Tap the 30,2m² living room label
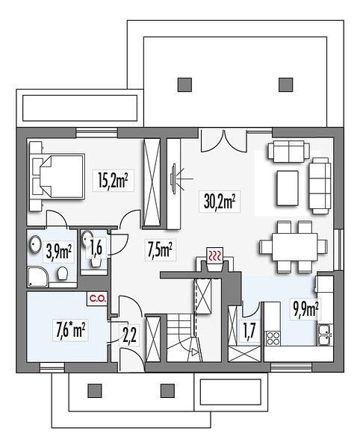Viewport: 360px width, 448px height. pyautogui.click(x=220, y=201)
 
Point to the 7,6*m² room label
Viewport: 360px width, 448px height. pyautogui.click(x=70, y=329)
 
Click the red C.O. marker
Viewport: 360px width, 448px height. pyautogui.click(x=98, y=299)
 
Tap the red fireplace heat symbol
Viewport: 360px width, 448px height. pyautogui.click(x=214, y=255)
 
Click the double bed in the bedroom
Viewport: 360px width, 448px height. pyautogui.click(x=58, y=176)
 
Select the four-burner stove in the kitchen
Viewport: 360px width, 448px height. pyautogui.click(x=273, y=338)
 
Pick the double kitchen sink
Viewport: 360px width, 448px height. pyautogui.click(x=325, y=335)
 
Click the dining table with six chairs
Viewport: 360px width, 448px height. pyautogui.click(x=294, y=247)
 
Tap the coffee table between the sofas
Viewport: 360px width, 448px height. pyautogui.click(x=288, y=187)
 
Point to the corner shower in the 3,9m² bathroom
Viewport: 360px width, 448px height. pyautogui.click(x=37, y=277)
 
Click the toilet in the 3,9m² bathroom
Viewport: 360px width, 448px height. pyautogui.click(x=62, y=273)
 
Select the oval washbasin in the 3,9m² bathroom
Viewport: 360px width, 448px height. pyautogui.click(x=35, y=244)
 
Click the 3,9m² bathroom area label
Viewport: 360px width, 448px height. pyautogui.click(x=58, y=251)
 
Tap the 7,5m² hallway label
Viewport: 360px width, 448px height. pyautogui.click(x=160, y=249)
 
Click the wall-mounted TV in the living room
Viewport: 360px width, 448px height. pyautogui.click(x=173, y=179)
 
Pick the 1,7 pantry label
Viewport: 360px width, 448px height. pyautogui.click(x=249, y=331)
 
